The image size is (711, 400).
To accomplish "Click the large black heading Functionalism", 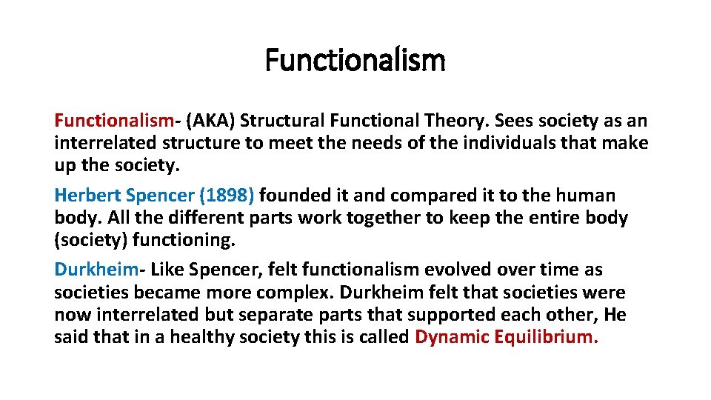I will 355,60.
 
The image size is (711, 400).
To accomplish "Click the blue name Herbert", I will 87,196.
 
